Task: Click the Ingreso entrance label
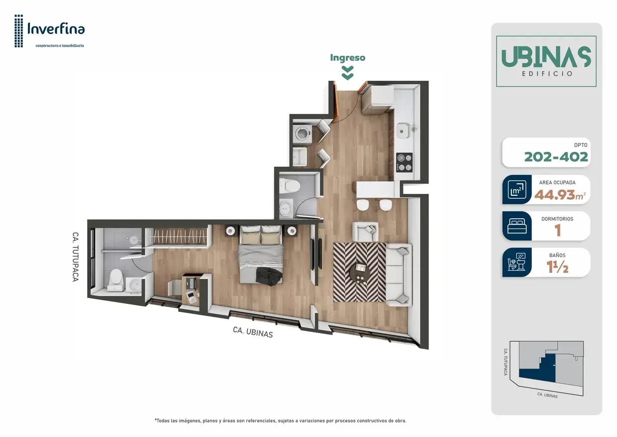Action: click(348, 58)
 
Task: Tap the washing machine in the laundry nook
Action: click(302, 134)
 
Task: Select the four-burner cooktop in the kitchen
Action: click(405, 162)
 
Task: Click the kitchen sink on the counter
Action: click(403, 130)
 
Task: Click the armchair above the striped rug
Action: click(365, 231)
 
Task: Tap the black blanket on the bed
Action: click(269, 277)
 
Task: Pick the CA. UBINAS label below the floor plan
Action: click(253, 332)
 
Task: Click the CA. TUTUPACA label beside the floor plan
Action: click(75, 257)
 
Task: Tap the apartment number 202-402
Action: click(556, 157)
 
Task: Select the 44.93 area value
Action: click(556, 195)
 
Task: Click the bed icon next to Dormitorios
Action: click(517, 226)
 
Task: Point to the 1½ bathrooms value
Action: click(557, 267)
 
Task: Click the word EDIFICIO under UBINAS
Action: click(546, 74)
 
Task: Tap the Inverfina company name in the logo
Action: click(56, 29)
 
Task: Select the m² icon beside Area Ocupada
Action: click(517, 189)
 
